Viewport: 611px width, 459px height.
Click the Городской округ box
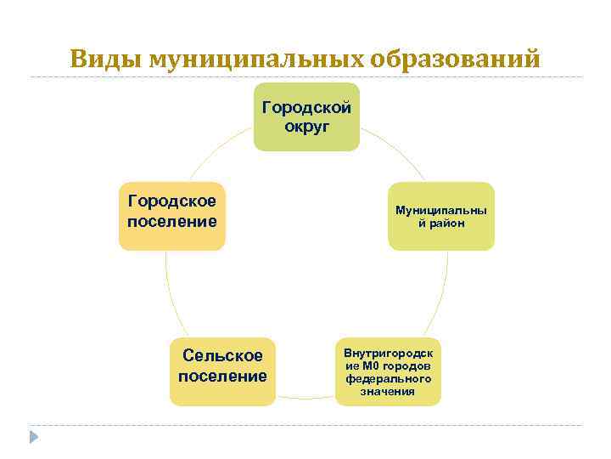pyautogui.click(x=306, y=117)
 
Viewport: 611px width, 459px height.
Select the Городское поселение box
pyautogui.click(x=172, y=216)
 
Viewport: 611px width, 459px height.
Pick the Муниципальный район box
pyautogui.click(x=440, y=216)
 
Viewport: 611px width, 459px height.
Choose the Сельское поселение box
pyautogui.click(x=222, y=371)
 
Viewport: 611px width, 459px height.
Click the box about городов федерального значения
pyautogui.click(x=388, y=371)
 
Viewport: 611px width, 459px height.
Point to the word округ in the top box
pyautogui.click(x=307, y=127)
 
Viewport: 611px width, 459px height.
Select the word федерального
pyautogui.click(x=388, y=378)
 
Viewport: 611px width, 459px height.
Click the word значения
pyautogui.click(x=388, y=391)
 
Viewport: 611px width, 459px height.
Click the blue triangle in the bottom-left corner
pyautogui.click(x=34, y=436)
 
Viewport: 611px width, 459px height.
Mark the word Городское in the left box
pyautogui.click(x=172, y=201)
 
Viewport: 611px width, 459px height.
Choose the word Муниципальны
pyautogui.click(x=441, y=209)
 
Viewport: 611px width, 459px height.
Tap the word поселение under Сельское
pyautogui.click(x=222, y=376)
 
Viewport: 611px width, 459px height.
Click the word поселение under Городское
pyautogui.click(x=172, y=221)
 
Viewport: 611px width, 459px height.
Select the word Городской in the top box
pyautogui.click(x=307, y=108)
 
